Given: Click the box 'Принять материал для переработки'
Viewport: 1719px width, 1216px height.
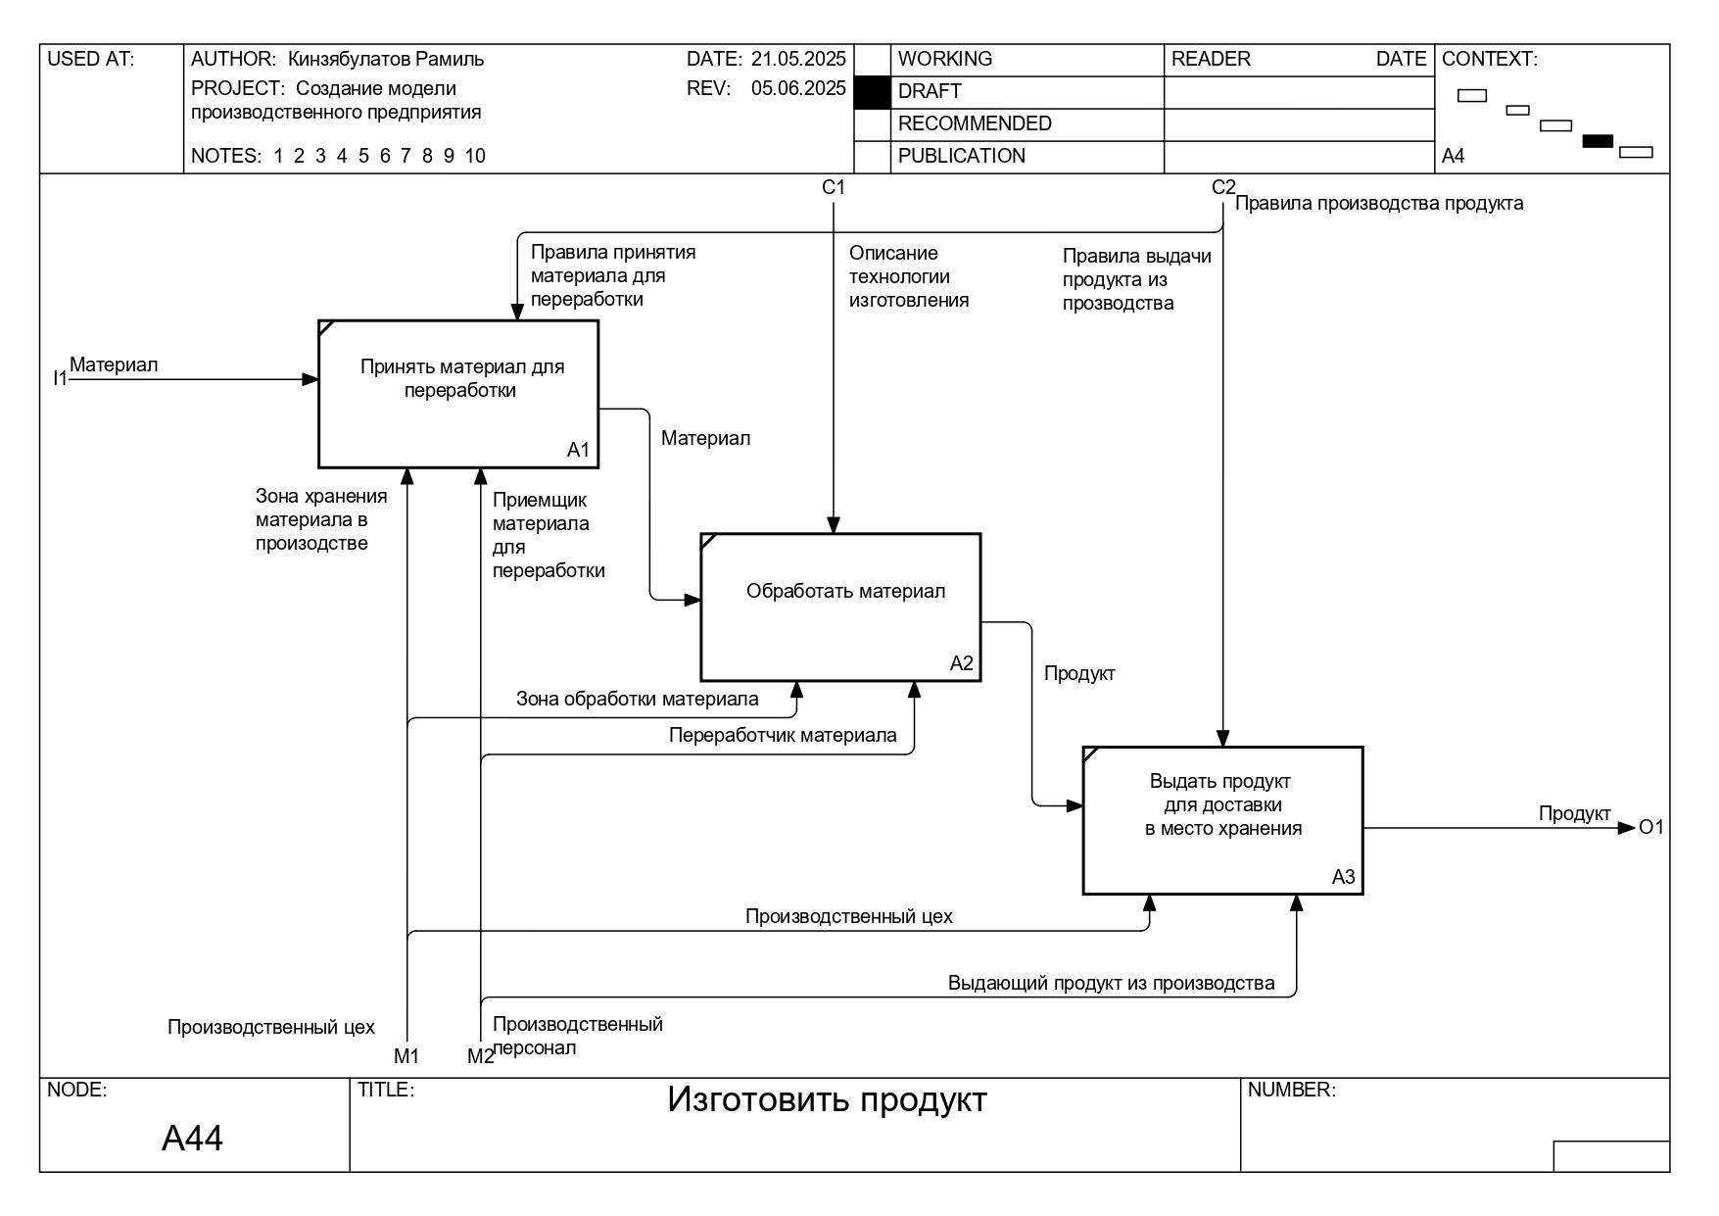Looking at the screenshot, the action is coord(458,394).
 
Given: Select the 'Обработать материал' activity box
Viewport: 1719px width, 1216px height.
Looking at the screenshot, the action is coord(840,608).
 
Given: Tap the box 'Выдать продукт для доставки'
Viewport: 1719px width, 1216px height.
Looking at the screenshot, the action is coord(1222,821).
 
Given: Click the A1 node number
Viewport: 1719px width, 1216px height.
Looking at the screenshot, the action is coord(578,450).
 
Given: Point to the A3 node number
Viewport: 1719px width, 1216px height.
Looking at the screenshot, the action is coord(1343,877).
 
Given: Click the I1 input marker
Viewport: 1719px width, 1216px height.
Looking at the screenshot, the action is coord(60,378).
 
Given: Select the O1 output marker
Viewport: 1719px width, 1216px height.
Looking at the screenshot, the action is coord(1651,827).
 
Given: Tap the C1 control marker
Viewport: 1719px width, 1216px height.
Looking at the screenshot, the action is coord(834,187).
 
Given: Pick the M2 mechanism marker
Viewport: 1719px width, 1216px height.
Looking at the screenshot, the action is coord(480,1056).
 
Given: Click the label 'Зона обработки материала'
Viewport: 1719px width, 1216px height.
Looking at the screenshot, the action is coord(637,699).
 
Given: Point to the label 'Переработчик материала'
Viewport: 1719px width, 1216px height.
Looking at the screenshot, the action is coord(783,735).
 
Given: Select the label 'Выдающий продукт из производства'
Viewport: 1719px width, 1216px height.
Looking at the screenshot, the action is coord(1111,983).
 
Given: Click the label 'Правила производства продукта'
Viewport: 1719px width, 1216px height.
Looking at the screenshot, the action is coord(1379,203).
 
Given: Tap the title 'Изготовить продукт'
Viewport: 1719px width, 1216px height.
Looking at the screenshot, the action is coord(827,1099).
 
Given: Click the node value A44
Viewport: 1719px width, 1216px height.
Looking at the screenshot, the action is coord(192,1138).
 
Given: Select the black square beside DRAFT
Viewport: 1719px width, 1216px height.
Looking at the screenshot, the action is coord(872,92).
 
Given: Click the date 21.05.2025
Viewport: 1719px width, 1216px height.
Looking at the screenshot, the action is coord(798,59).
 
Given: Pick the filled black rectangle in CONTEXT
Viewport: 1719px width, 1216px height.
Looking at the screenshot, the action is coord(1598,141).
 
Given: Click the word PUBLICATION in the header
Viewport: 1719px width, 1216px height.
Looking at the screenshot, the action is coord(962,156).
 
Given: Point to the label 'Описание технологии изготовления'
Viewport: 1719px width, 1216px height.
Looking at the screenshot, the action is coord(909,276).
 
